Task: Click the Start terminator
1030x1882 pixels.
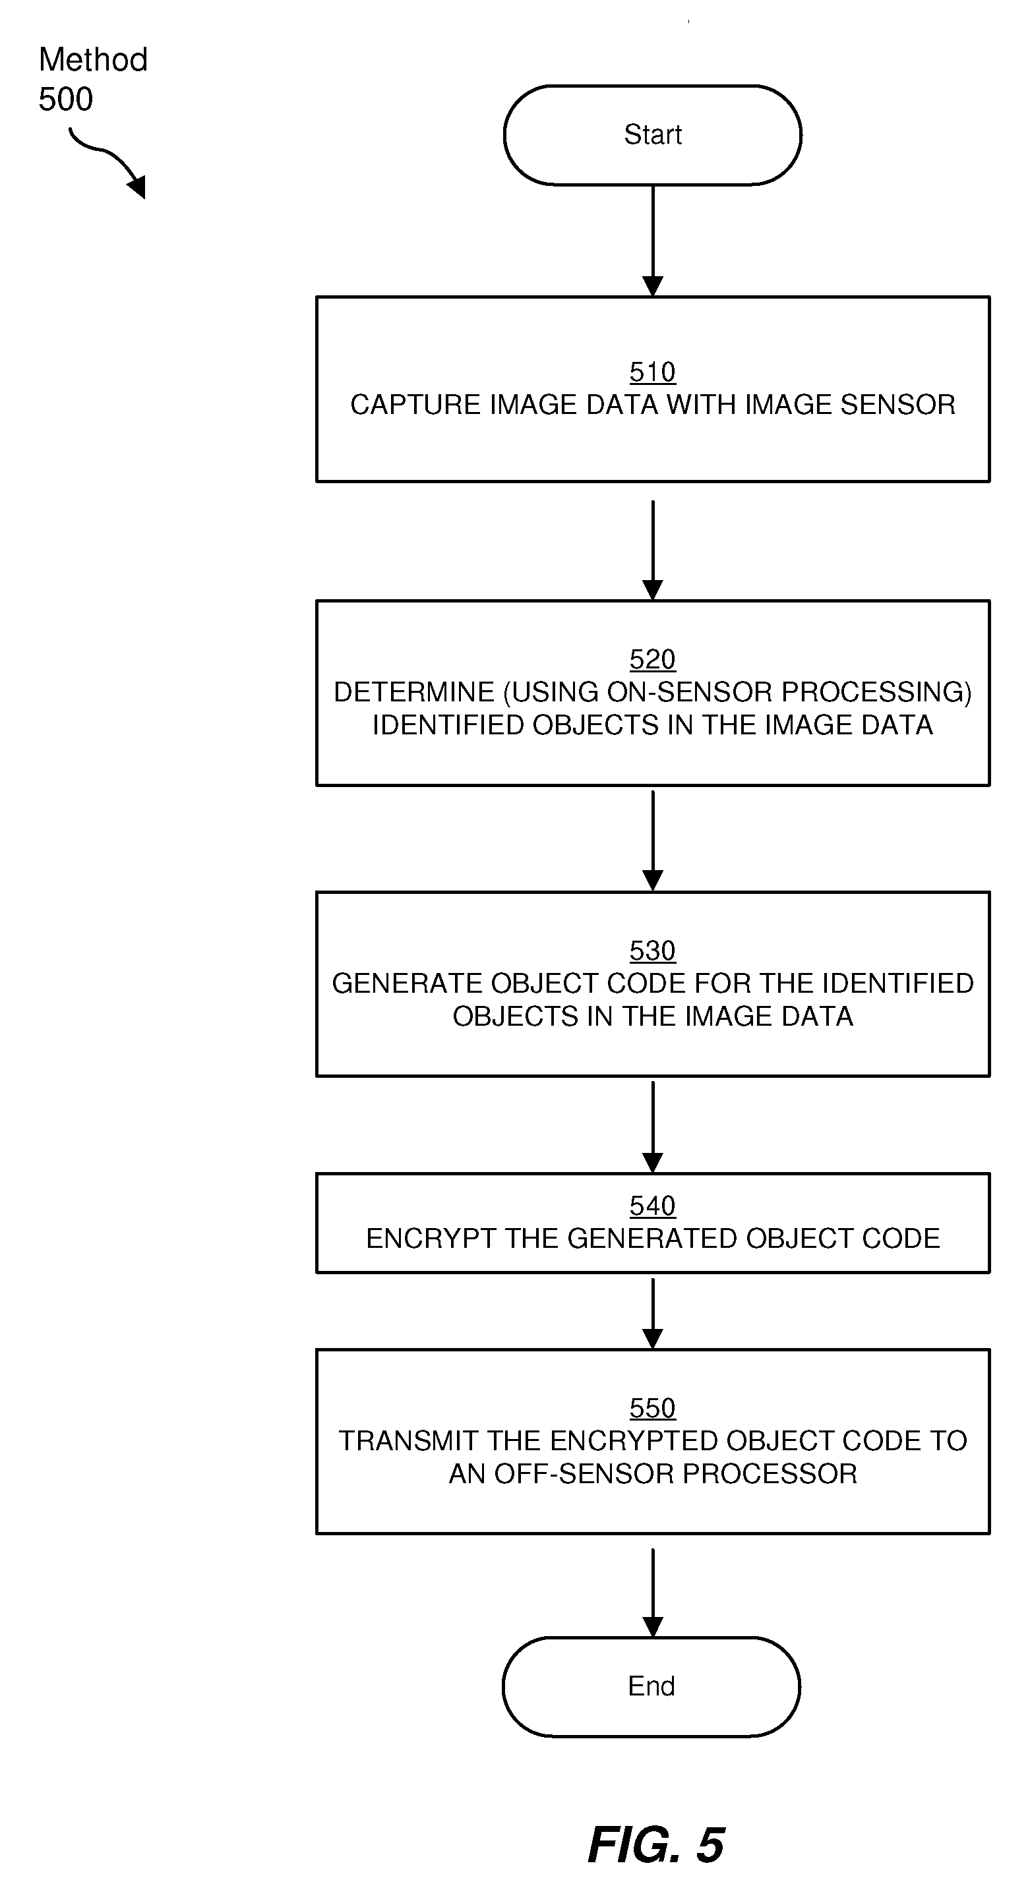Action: pos(653,135)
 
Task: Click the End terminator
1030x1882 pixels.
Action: pos(651,1686)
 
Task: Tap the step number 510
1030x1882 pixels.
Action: pos(653,372)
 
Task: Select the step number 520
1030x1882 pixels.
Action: pos(653,660)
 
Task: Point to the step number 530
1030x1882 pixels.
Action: pos(653,951)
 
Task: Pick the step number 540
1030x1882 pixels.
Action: pos(653,1206)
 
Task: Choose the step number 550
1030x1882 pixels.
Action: pos(653,1408)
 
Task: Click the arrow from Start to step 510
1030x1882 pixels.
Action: pos(653,241)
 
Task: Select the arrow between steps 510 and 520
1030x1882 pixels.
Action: pos(653,550)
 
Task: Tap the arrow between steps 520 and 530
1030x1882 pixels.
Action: pos(653,841)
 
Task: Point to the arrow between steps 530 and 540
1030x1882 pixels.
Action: pos(653,1127)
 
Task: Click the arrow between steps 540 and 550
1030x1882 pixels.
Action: pos(653,1313)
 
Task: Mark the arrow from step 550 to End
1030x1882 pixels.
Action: pos(653,1593)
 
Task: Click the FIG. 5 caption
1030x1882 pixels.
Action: pos(655,1844)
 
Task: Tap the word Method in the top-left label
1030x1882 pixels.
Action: pos(94,60)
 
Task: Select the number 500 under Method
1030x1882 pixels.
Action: pos(66,100)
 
